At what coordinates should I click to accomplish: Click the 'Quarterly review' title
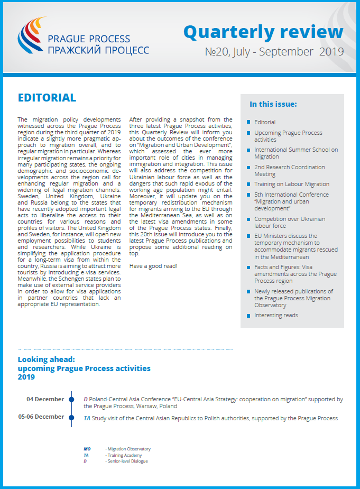pos(263,32)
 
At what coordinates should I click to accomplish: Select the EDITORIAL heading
pos(47,98)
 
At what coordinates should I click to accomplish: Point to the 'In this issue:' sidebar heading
pos(273,104)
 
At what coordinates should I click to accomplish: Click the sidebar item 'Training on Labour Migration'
pos(291,184)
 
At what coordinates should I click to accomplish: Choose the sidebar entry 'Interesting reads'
pos(276,315)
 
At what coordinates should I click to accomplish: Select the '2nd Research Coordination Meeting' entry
pos(289,170)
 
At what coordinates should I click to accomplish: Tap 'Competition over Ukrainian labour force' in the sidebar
pos(289,222)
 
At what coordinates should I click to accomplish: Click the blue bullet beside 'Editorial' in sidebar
pos(248,123)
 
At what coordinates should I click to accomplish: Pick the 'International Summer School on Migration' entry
pos(296,153)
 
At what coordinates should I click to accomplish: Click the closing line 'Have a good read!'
pos(154,265)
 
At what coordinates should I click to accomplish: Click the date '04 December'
pos(45,399)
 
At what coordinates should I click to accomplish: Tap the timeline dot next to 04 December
pos(71,400)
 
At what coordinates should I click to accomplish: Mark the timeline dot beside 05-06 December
pos(71,417)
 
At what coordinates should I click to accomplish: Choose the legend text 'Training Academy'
pos(123,455)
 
